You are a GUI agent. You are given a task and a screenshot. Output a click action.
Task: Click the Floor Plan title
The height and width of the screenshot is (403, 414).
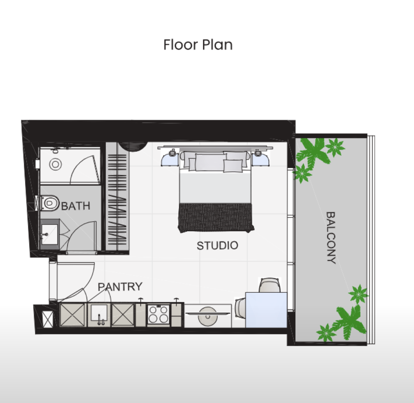(198, 45)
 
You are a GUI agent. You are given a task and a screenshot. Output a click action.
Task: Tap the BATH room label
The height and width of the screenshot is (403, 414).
(76, 206)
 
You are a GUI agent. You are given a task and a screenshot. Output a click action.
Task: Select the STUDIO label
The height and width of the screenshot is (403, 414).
(218, 246)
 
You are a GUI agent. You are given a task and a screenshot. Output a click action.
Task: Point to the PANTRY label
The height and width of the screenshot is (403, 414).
(120, 287)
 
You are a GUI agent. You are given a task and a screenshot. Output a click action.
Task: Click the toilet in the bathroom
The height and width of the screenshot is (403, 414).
(50, 203)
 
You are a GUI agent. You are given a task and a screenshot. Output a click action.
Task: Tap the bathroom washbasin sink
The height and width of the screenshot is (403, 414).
(49, 234)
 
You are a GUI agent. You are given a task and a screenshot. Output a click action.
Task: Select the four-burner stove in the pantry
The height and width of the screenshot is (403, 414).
(159, 314)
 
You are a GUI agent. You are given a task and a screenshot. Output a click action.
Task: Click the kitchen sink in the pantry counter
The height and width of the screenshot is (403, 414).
(99, 315)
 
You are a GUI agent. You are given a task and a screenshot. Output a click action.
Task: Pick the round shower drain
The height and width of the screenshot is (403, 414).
(55, 164)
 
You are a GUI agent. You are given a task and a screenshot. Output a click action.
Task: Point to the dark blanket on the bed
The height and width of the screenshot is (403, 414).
(216, 218)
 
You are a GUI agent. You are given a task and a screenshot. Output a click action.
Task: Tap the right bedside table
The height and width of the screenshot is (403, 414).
(260, 160)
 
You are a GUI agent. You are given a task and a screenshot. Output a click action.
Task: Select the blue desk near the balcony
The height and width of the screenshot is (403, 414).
(266, 310)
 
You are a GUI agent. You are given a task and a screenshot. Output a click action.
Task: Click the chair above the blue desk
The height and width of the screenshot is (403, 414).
(269, 285)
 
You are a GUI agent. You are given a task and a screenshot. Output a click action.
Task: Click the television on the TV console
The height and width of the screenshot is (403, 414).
(208, 314)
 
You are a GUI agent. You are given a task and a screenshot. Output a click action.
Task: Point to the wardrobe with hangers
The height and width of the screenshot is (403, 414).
(118, 197)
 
